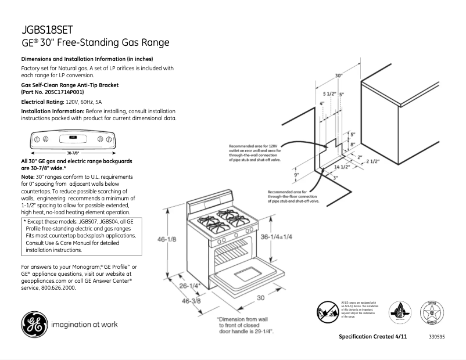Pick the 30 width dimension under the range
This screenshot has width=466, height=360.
(x=261, y=297)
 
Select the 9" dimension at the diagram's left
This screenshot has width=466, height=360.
(x=296, y=174)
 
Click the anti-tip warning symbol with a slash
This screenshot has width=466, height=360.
(x=327, y=311)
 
